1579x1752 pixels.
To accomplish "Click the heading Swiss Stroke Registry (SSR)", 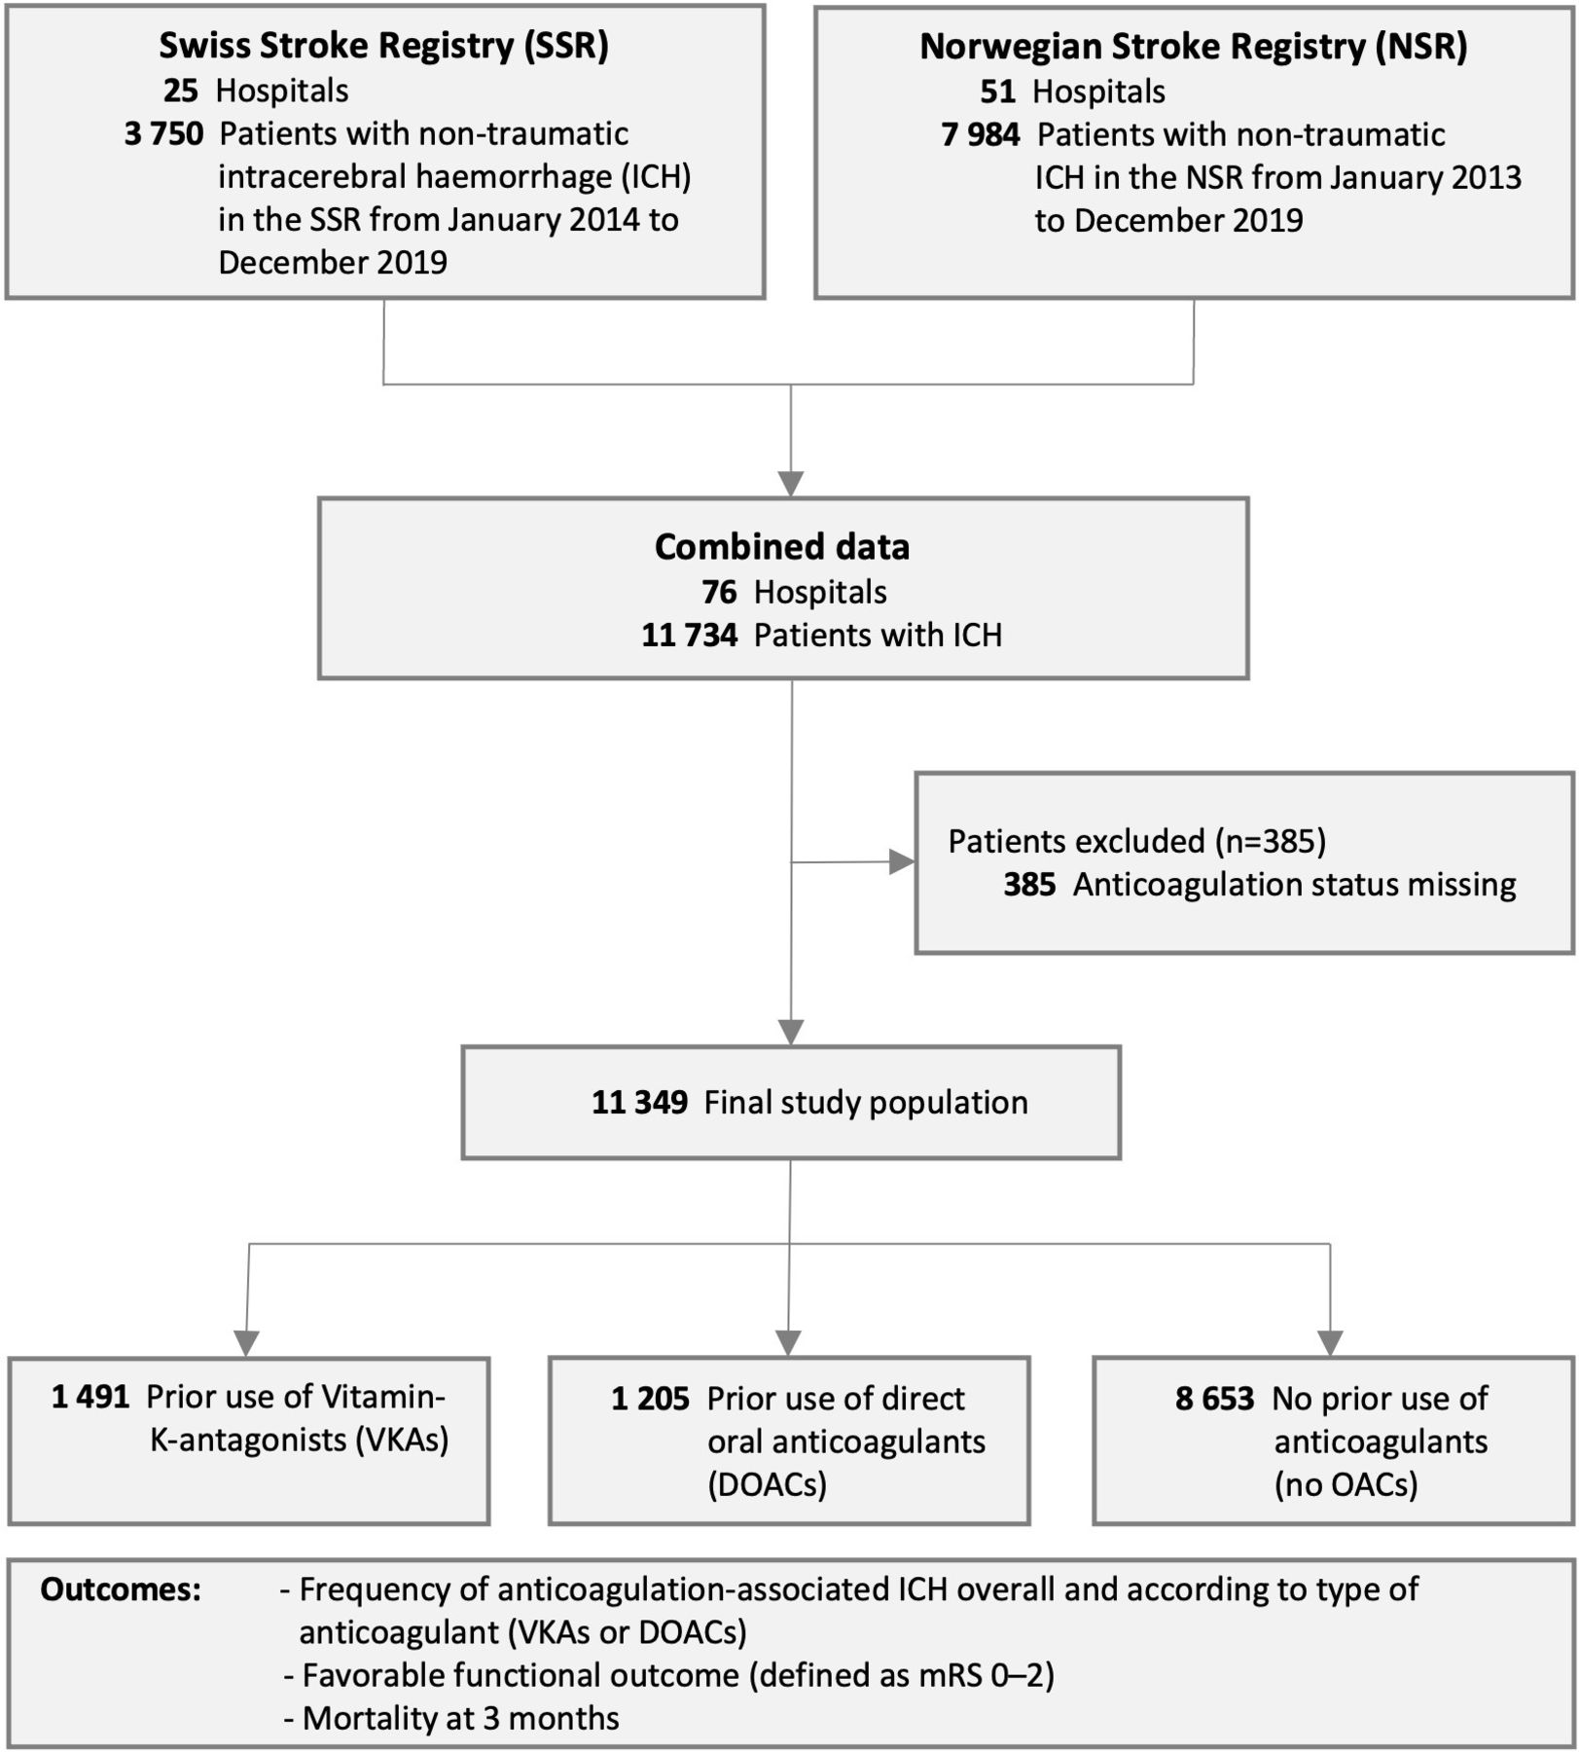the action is [384, 46].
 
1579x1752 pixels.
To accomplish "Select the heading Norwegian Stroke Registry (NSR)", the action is [1194, 46].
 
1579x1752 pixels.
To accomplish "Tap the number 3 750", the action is [164, 133].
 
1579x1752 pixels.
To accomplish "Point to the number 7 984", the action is [981, 134].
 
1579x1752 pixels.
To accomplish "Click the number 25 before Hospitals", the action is [181, 91].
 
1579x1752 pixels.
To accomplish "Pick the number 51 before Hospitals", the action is [998, 91].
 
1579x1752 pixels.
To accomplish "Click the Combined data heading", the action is [782, 547].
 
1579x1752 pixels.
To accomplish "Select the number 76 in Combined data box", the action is [720, 592].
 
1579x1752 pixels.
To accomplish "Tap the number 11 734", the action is [690, 635].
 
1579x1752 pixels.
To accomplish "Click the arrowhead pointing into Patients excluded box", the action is [902, 861].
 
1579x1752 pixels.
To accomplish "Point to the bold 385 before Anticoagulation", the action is [1029, 885].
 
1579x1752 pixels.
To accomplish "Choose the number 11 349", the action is [640, 1102].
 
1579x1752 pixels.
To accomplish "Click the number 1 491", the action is [90, 1398].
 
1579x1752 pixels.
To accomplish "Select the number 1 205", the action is [650, 1399].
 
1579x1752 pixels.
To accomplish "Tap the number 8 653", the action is [1215, 1399].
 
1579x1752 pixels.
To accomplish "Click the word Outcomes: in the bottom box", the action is [121, 1589].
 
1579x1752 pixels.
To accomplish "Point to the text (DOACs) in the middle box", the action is [768, 1484].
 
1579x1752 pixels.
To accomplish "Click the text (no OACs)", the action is [1346, 1484].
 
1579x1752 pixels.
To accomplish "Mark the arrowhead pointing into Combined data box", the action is [791, 484].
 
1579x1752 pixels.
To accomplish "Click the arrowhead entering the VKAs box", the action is [247, 1343].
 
